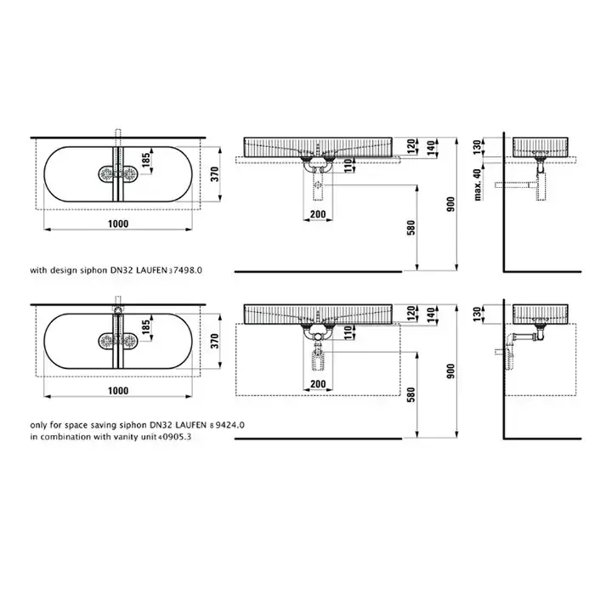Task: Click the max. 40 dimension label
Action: [x=478, y=184]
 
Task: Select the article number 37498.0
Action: [x=185, y=270]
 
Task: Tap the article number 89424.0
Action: [x=227, y=425]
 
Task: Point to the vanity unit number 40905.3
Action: [x=174, y=437]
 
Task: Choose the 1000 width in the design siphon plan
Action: [x=118, y=224]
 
